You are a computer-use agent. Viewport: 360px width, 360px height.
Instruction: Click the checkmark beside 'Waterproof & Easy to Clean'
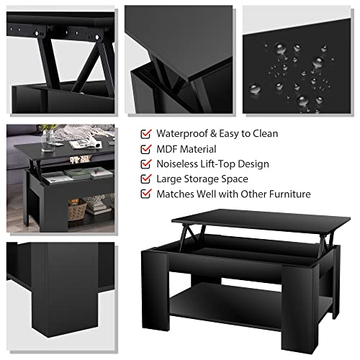click(146, 134)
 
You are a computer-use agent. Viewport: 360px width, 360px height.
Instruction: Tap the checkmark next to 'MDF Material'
click(146, 149)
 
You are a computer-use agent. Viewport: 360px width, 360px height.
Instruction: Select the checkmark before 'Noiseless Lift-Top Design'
click(146, 164)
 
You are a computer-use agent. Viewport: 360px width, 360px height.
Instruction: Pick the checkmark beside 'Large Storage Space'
click(146, 179)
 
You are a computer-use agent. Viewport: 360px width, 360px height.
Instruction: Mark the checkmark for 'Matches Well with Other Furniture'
click(146, 194)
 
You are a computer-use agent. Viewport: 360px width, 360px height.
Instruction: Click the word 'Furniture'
click(287, 194)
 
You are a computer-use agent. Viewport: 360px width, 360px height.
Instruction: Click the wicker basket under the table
click(76, 210)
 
